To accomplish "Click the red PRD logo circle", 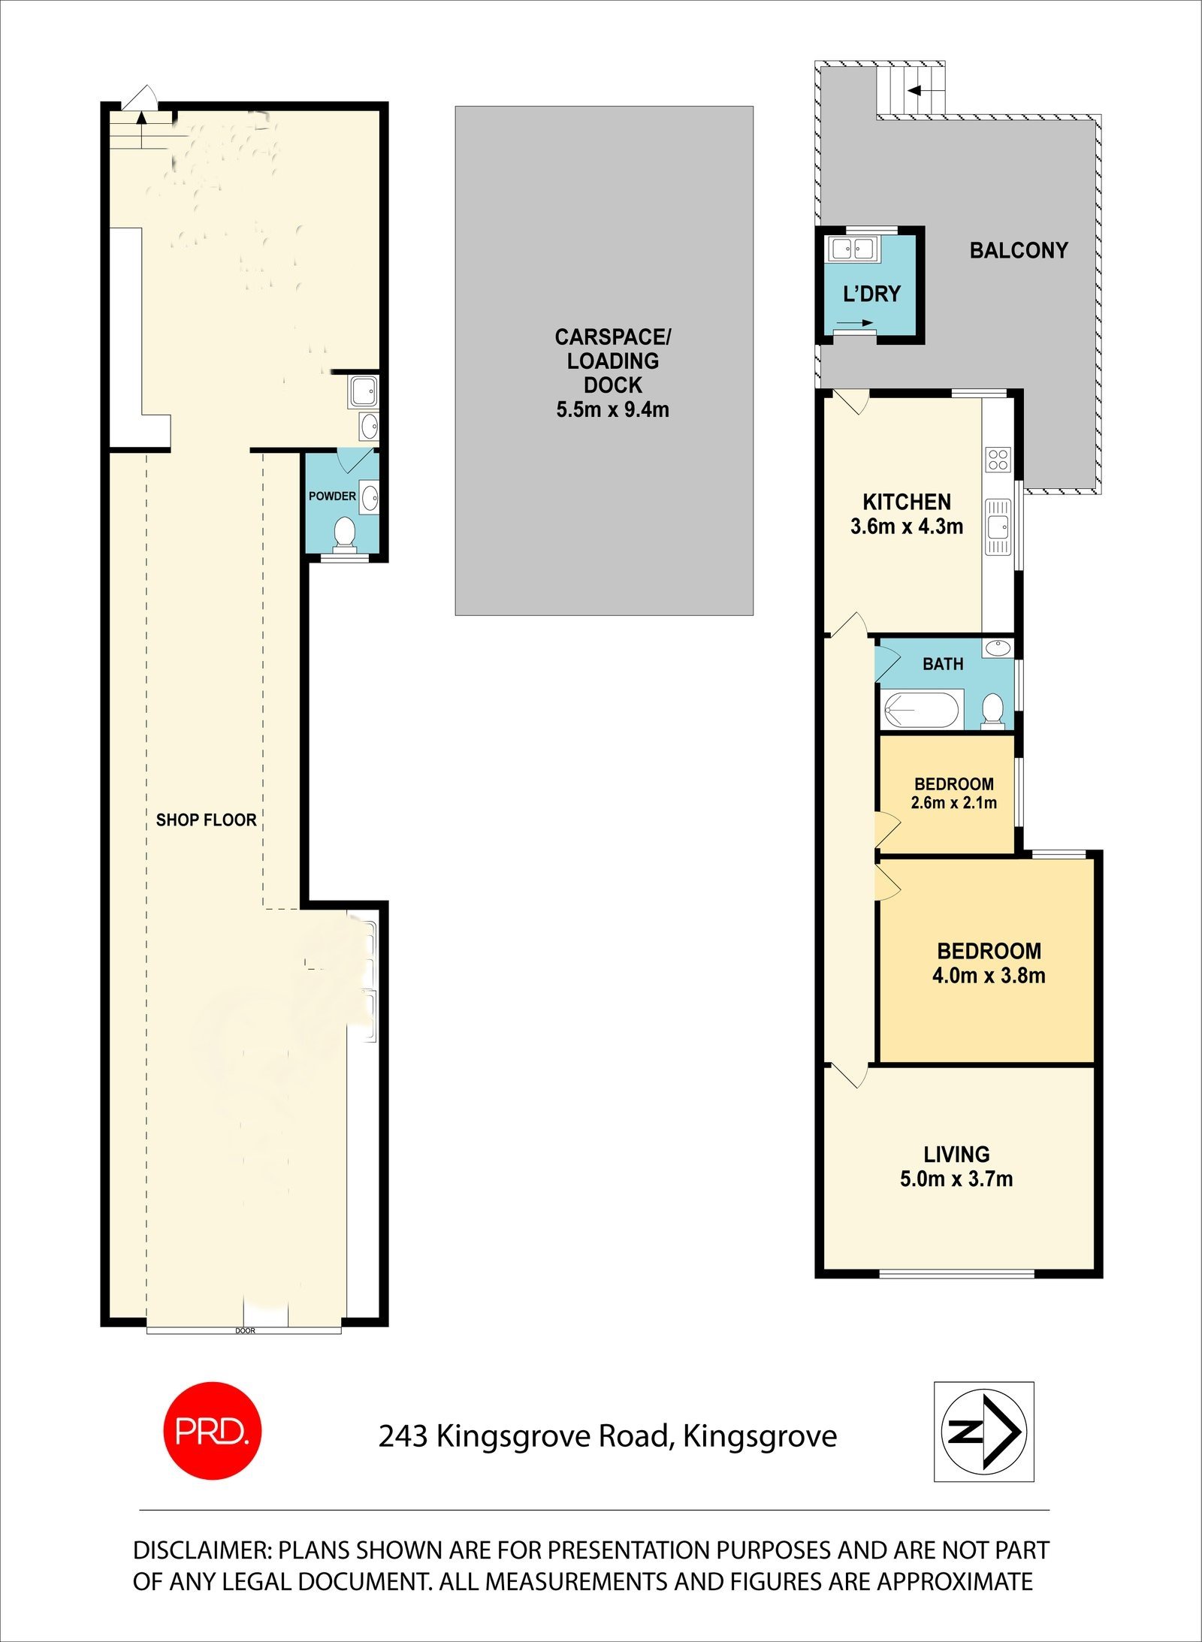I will click(x=212, y=1431).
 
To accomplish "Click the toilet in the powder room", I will click(x=345, y=531).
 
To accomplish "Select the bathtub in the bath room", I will click(x=921, y=710).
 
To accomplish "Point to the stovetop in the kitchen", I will click(x=998, y=459).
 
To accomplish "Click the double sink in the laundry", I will click(x=854, y=248).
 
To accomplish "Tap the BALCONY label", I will click(x=1018, y=250).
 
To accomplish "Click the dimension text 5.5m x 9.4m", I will click(x=612, y=410).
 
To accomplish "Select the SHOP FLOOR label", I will click(x=206, y=819).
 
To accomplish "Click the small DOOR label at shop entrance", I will click(x=245, y=1331).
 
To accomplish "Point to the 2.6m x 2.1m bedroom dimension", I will click(x=953, y=803).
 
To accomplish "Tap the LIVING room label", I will click(x=956, y=1154).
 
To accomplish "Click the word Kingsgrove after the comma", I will click(x=760, y=1436).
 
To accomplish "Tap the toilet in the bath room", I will click(x=993, y=710).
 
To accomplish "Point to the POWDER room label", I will click(x=332, y=496).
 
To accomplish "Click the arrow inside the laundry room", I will click(x=854, y=324).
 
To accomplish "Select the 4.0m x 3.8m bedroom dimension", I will click(x=988, y=976).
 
